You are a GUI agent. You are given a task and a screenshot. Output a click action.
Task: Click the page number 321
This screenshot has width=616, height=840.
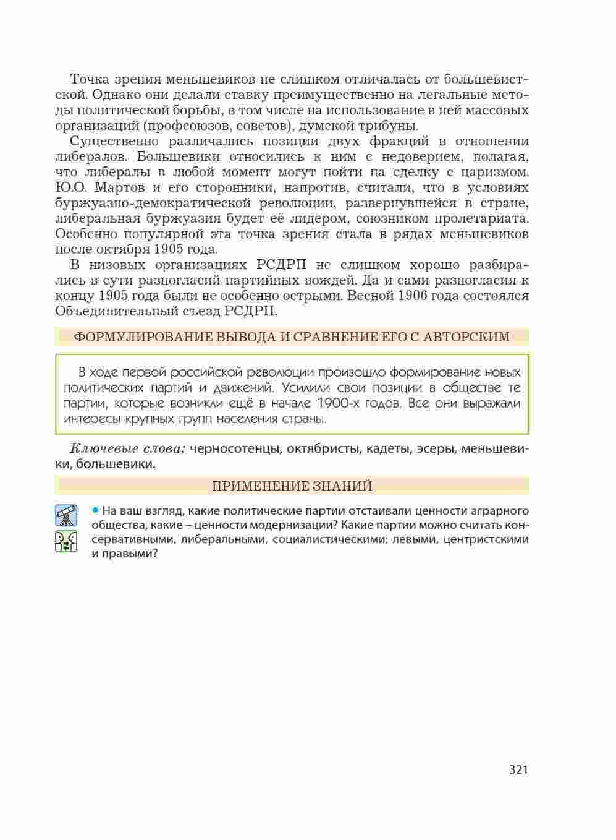pyautogui.click(x=518, y=769)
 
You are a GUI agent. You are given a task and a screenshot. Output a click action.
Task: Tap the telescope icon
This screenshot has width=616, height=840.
pyautogui.click(x=66, y=515)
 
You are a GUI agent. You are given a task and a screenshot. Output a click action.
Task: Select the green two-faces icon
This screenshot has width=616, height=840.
pyautogui.click(x=66, y=541)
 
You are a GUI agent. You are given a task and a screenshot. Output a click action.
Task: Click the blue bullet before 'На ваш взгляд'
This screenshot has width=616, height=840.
pyautogui.click(x=95, y=511)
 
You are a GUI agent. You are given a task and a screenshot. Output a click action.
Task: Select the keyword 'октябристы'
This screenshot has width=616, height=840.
pyautogui.click(x=323, y=448)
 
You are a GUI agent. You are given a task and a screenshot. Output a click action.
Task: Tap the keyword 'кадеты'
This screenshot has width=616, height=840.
pyautogui.click(x=386, y=448)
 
